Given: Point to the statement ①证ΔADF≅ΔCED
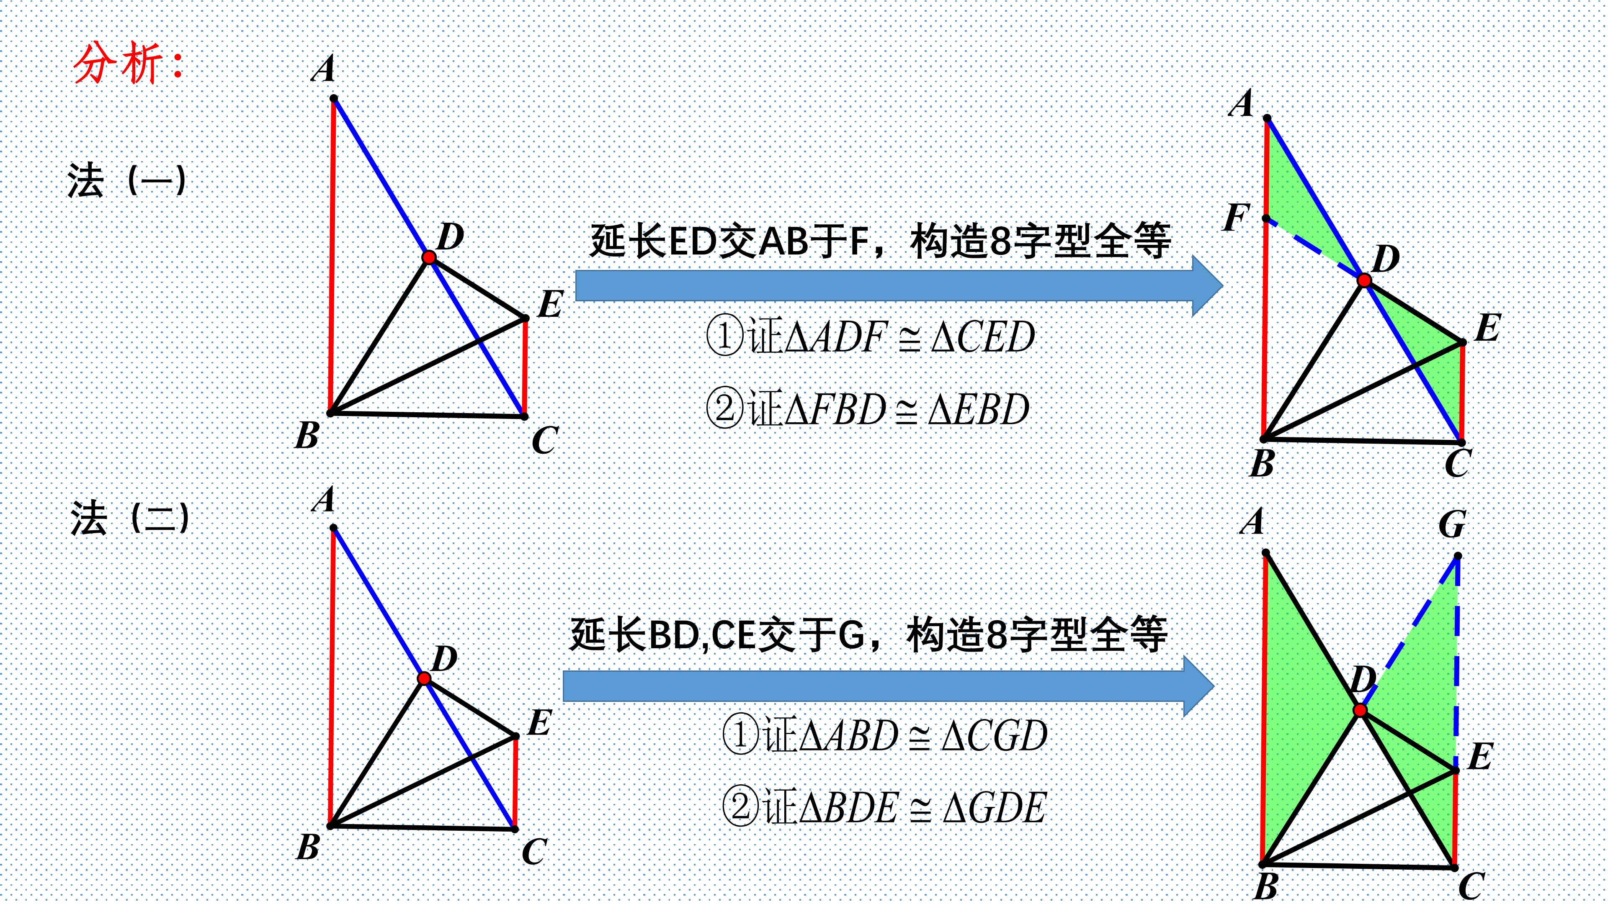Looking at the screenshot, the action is click(x=870, y=337).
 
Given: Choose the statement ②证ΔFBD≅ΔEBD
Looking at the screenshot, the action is click(x=868, y=409).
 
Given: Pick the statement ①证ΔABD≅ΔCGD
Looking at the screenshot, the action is click(x=884, y=735).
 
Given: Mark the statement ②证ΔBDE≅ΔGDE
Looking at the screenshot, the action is click(x=883, y=807).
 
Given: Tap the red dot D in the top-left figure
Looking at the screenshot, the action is click(x=429, y=257).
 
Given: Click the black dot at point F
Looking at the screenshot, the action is click(x=1266, y=219).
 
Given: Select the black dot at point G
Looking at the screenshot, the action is click(x=1458, y=556).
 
